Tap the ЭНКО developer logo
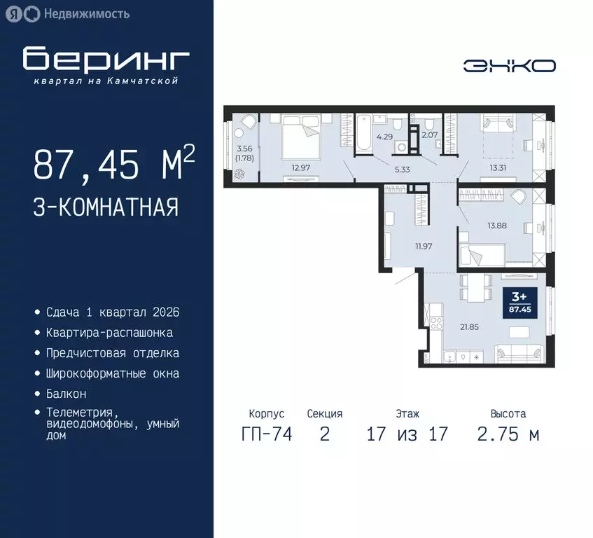pyautogui.click(x=509, y=65)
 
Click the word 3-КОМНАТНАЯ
pyautogui.click(x=105, y=207)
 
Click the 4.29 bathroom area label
pyautogui.click(x=384, y=137)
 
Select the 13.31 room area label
pyautogui.click(x=500, y=167)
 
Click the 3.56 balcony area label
pyautogui.click(x=244, y=149)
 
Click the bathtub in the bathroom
pyautogui.click(x=365, y=133)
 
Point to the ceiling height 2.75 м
pyautogui.click(x=508, y=434)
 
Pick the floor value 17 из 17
pyautogui.click(x=407, y=434)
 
